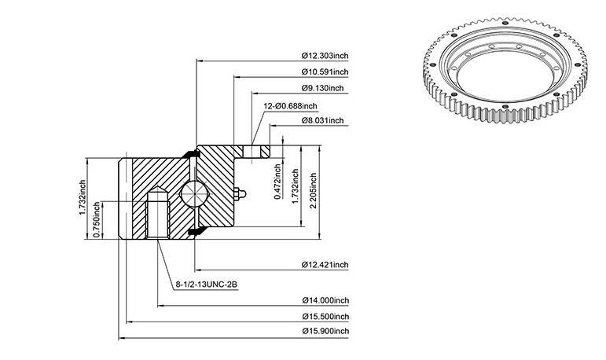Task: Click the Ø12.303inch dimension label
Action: [x=325, y=55]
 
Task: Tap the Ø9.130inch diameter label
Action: [x=323, y=88]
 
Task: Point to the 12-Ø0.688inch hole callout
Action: [x=290, y=106]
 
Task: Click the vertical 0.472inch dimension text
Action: [x=277, y=182]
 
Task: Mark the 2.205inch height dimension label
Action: [x=313, y=191]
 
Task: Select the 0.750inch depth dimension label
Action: [x=97, y=220]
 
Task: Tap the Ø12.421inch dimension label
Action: [x=325, y=265]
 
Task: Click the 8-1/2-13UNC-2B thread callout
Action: [x=207, y=285]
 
